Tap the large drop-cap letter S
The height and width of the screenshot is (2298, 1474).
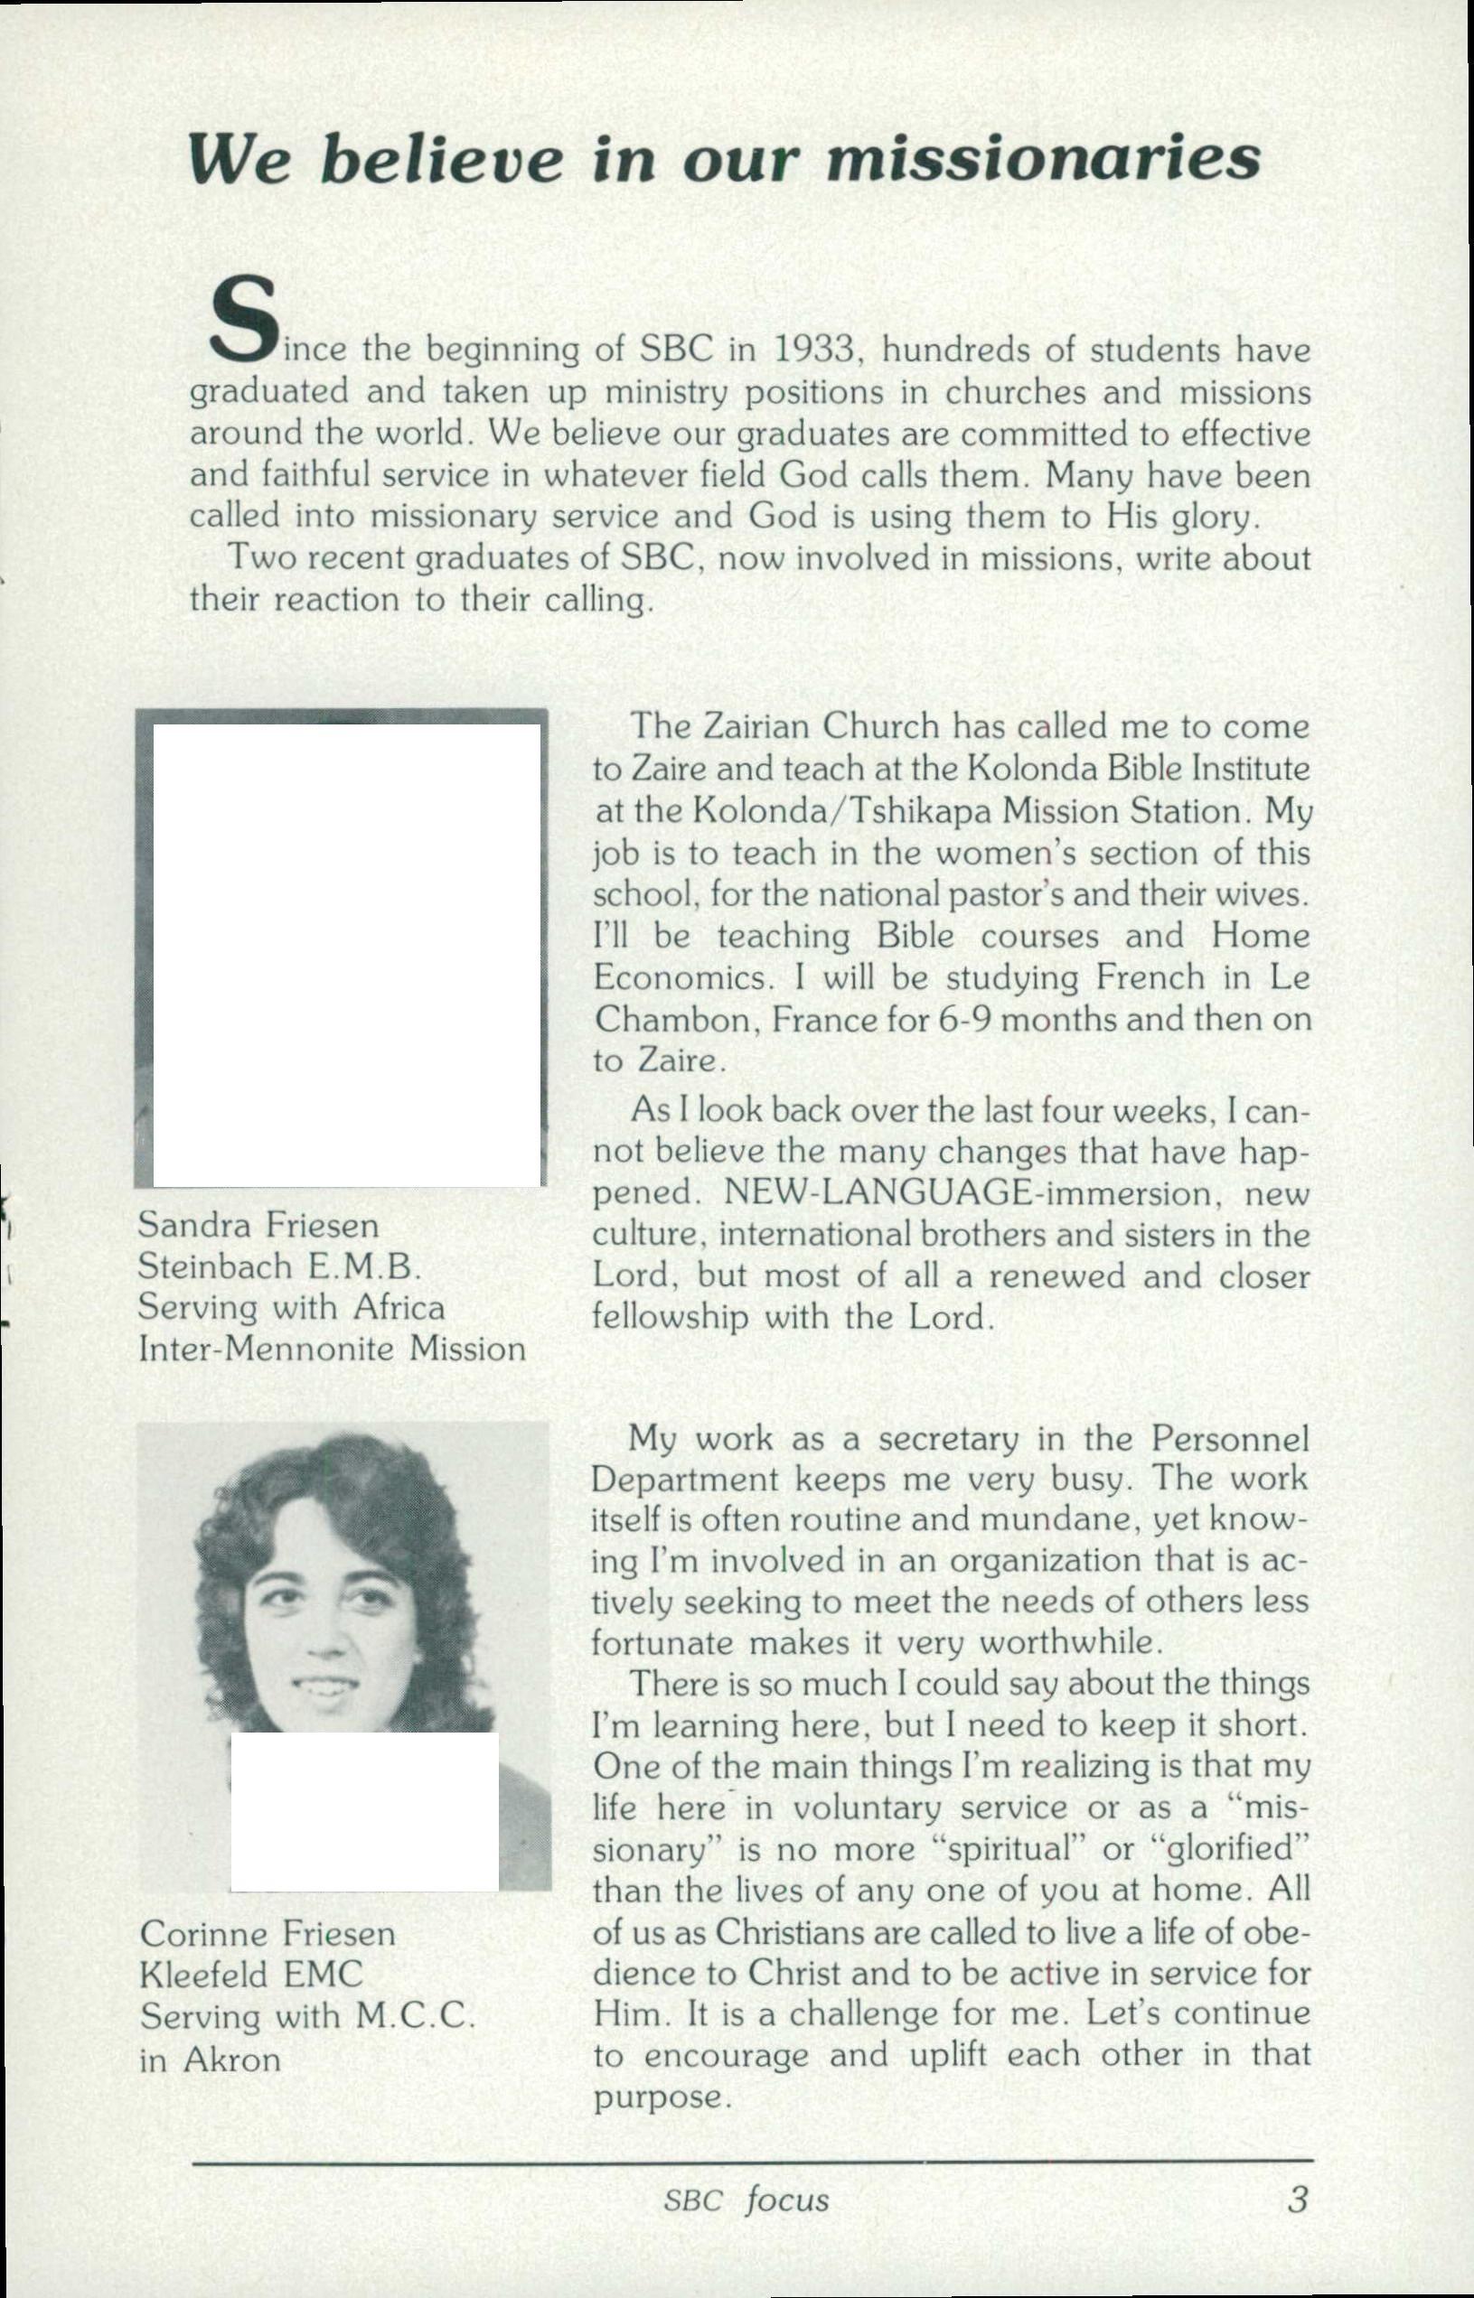[244, 322]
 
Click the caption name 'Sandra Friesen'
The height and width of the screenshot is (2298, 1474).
[258, 1226]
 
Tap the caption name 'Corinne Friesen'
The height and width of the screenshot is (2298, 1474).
[267, 1933]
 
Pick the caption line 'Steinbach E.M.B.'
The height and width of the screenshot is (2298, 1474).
[280, 1266]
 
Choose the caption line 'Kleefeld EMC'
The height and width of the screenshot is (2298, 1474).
[250, 1975]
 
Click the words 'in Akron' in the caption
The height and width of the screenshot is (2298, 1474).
[210, 2058]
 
